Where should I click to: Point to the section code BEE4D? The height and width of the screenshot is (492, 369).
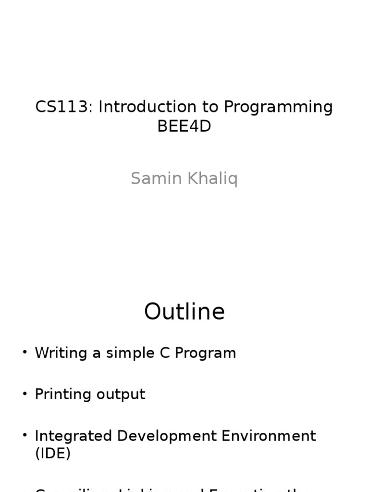click(184, 126)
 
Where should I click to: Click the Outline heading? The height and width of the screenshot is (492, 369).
click(184, 311)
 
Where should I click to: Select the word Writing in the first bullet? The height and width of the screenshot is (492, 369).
click(61, 354)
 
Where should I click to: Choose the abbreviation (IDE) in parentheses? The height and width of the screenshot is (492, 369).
click(53, 453)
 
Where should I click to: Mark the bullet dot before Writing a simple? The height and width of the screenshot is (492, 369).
click(25, 352)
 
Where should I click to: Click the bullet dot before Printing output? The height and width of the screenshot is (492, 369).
click(25, 394)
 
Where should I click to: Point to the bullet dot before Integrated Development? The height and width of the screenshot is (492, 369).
click(25, 435)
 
